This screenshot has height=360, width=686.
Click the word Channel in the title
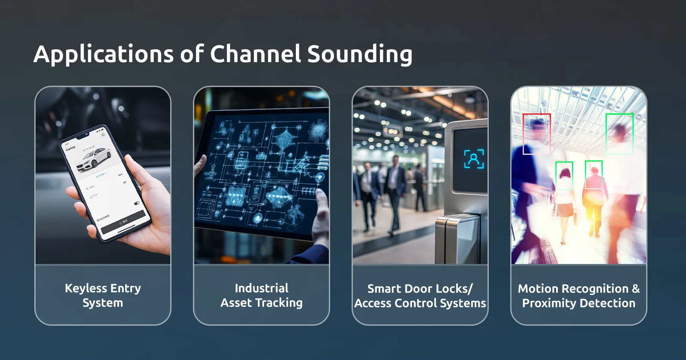click(256, 54)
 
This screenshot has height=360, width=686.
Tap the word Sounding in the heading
click(360, 54)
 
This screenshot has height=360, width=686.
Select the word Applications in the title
click(103, 54)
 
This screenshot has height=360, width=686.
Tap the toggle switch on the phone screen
click(137, 203)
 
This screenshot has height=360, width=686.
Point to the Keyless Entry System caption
click(103, 295)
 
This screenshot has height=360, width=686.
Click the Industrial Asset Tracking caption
click(262, 295)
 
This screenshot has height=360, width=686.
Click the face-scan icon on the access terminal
click(474, 159)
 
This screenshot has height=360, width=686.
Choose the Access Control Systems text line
click(420, 303)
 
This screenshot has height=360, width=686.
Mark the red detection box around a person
click(536, 133)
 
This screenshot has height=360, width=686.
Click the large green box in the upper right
click(619, 133)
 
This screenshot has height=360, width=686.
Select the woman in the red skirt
click(564, 193)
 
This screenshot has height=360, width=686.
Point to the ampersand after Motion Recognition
click(635, 288)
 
